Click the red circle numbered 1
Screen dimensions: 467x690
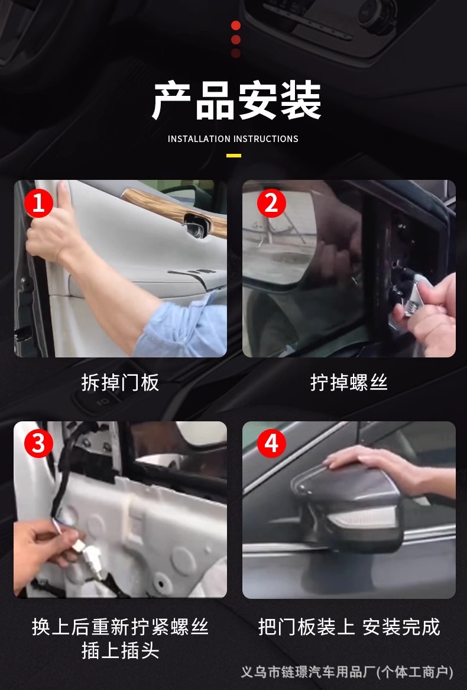[x=38, y=203]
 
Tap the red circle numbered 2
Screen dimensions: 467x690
[x=271, y=203]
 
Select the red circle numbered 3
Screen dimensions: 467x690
[x=38, y=443]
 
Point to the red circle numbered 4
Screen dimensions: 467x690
[x=271, y=443]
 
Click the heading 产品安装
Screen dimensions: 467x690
[x=236, y=101]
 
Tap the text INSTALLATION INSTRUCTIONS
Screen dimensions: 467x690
[x=233, y=139]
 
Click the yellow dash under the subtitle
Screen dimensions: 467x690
[x=234, y=155]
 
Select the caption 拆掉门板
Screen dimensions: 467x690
[x=120, y=382]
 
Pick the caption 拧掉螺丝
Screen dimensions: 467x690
[x=349, y=382]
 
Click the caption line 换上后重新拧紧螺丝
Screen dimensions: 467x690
[x=120, y=627]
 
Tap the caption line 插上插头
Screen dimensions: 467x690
[x=120, y=650]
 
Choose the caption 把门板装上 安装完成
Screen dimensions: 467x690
[x=349, y=627]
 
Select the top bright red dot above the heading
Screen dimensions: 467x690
[x=236, y=25]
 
